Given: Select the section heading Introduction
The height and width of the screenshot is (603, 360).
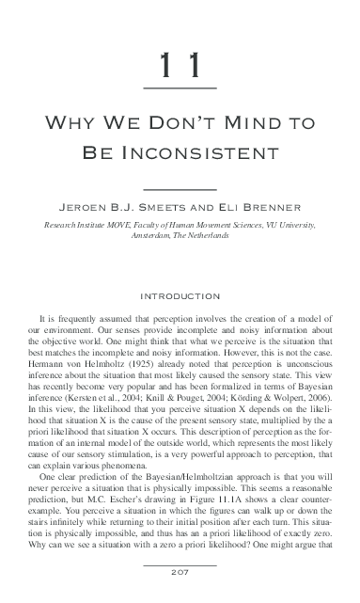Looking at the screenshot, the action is pos(180,296).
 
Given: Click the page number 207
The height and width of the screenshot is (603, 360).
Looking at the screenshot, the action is pos(179,575).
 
